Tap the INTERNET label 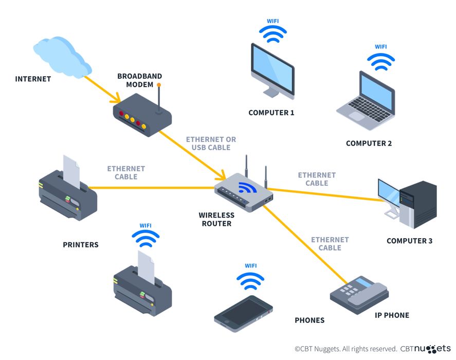pos(33,79)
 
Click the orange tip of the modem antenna pos(159,85)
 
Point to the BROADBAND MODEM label pos(135,80)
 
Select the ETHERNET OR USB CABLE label pos(211,143)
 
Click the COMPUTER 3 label pos(409,241)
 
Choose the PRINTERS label pos(81,244)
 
